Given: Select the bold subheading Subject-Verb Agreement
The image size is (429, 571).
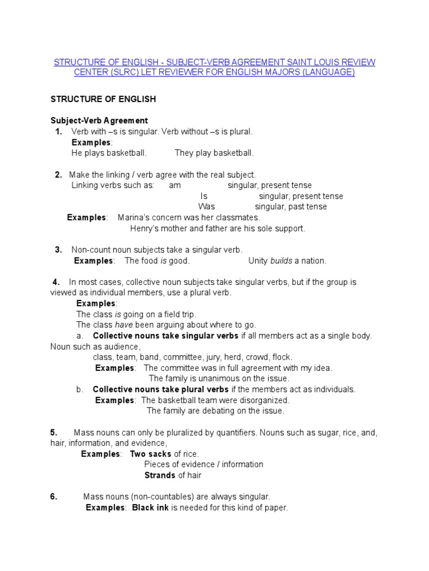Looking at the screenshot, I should (x=99, y=120).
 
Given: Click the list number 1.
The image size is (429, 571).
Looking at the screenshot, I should (x=58, y=132).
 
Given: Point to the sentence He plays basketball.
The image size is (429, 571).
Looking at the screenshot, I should (x=109, y=153).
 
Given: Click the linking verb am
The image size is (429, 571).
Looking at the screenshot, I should (x=175, y=185).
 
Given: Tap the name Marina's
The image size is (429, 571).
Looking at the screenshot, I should (x=133, y=218).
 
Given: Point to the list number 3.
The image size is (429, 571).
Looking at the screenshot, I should (x=58, y=250).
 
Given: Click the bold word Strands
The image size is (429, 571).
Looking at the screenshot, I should (x=160, y=476).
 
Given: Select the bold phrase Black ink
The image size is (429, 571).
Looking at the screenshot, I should (x=150, y=508).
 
